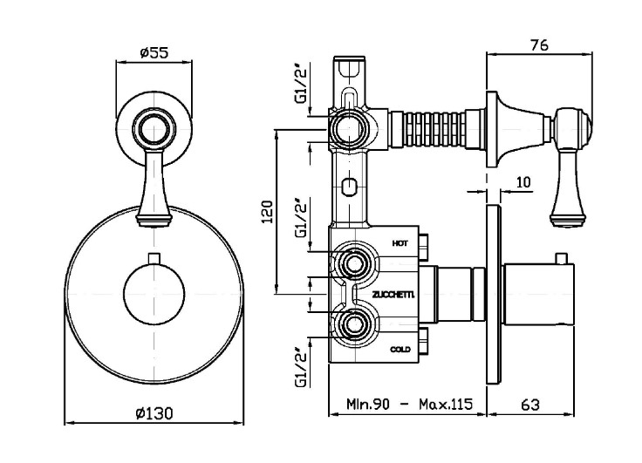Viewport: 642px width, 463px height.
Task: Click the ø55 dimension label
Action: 154,52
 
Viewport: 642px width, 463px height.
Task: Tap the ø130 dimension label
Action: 154,413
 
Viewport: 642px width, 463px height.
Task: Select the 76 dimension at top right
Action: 539,45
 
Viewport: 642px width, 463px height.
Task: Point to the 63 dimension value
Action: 530,405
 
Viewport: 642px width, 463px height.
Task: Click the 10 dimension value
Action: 522,181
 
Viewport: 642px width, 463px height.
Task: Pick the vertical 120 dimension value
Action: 267,211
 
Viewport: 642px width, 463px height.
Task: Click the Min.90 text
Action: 368,405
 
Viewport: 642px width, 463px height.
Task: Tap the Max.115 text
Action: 446,405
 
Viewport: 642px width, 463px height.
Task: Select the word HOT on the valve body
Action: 400,243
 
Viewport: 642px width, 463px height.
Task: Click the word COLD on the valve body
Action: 400,349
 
